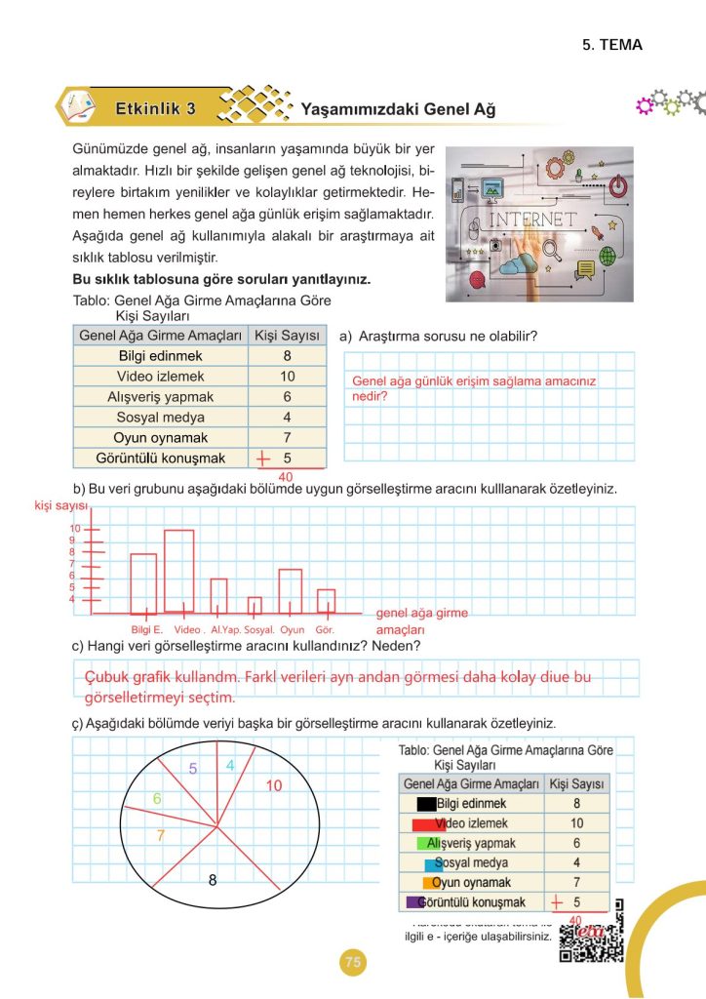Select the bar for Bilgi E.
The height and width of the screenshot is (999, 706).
(143, 580)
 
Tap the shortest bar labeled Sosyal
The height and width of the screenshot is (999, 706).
(255, 604)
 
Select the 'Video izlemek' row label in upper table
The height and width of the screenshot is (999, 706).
(160, 377)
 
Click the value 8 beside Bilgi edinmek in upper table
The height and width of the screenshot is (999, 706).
(287, 356)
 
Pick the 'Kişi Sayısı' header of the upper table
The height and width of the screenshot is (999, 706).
(287, 336)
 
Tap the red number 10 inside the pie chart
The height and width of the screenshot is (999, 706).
(273, 785)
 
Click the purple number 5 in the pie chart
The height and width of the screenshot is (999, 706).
(193, 769)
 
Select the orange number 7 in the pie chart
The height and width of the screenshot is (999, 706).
(161, 835)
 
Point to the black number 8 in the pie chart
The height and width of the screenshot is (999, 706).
(212, 880)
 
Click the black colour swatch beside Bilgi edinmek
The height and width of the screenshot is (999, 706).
(426, 805)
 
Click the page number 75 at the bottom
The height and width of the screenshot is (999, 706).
(353, 963)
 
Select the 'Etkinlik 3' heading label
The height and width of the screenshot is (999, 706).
(155, 108)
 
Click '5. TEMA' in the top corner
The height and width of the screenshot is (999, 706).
(612, 45)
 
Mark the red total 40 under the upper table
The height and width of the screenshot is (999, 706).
(286, 476)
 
